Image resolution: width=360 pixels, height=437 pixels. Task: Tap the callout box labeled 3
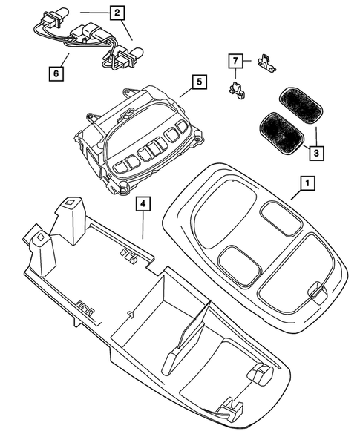click(x=316, y=151)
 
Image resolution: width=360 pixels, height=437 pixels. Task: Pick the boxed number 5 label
click(x=199, y=83)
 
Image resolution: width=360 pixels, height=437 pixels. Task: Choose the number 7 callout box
click(x=235, y=59)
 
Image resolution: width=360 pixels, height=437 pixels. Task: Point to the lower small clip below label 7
click(x=236, y=91)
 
